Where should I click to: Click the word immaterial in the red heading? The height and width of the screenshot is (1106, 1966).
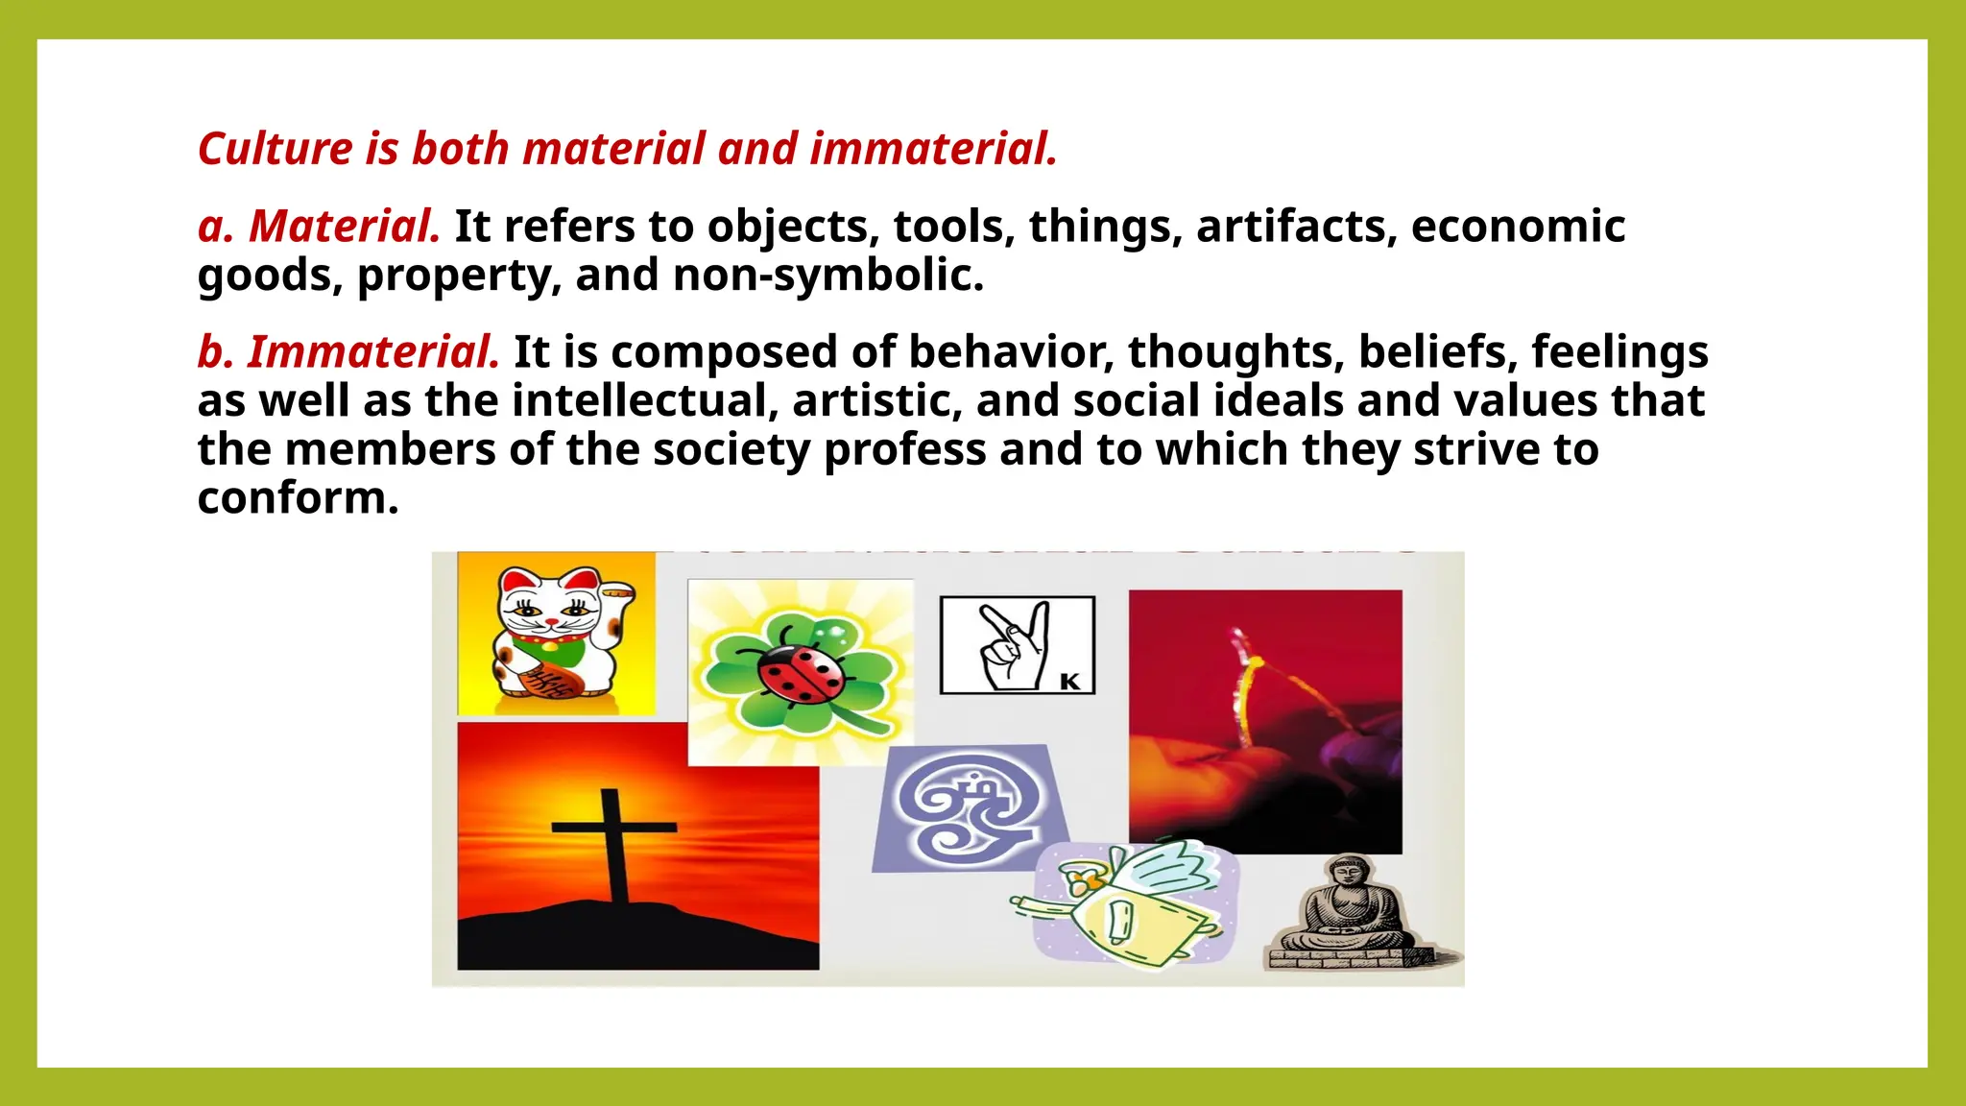coord(932,149)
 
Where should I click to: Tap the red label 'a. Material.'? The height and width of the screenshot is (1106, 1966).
coord(319,227)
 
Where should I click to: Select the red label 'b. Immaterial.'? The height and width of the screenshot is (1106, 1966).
coord(348,352)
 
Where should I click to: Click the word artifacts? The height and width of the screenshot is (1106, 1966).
coord(1296,227)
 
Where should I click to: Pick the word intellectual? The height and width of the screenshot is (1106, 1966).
coord(644,401)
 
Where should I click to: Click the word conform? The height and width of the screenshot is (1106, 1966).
coord(297,498)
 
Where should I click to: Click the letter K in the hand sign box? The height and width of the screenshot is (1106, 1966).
coord(1069,681)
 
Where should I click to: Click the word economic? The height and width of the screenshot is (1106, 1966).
coord(1518,227)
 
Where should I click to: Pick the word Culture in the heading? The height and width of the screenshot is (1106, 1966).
coord(276,149)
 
